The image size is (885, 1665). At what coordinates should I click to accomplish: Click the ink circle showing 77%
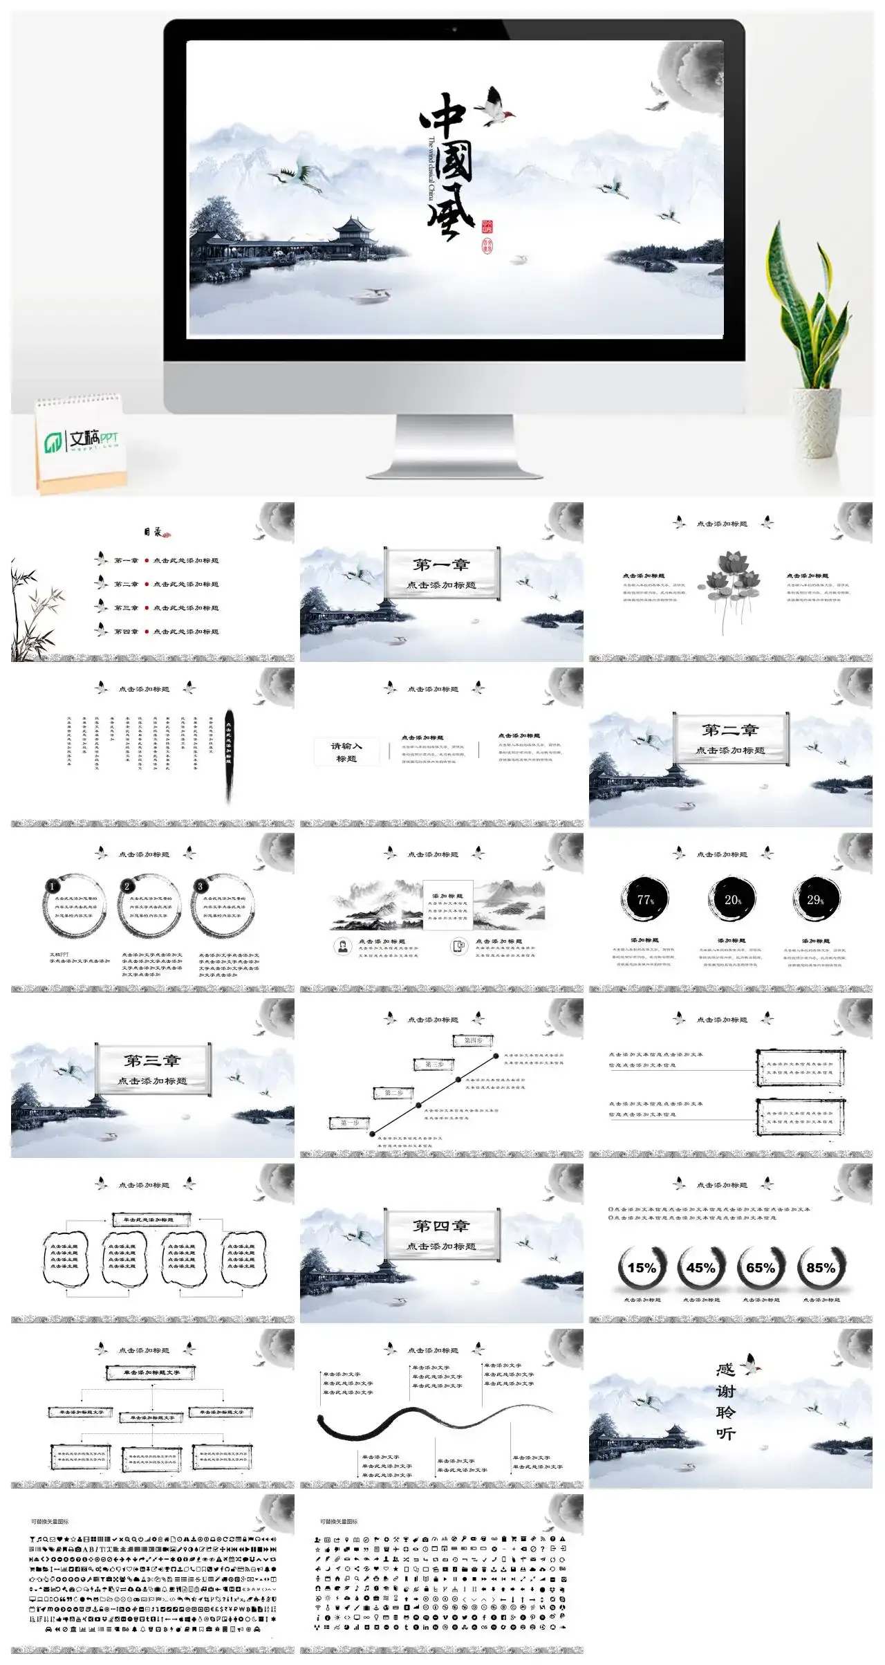tap(645, 899)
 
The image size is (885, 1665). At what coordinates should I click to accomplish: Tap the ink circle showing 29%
tap(816, 899)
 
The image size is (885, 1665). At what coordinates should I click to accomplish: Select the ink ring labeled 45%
tap(700, 1267)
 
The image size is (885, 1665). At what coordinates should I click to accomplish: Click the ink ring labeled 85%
tap(821, 1267)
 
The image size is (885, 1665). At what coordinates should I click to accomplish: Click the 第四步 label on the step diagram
tap(474, 1040)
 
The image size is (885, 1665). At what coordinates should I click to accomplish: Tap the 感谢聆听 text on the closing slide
tap(725, 1401)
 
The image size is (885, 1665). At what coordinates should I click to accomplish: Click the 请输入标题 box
tap(346, 752)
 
